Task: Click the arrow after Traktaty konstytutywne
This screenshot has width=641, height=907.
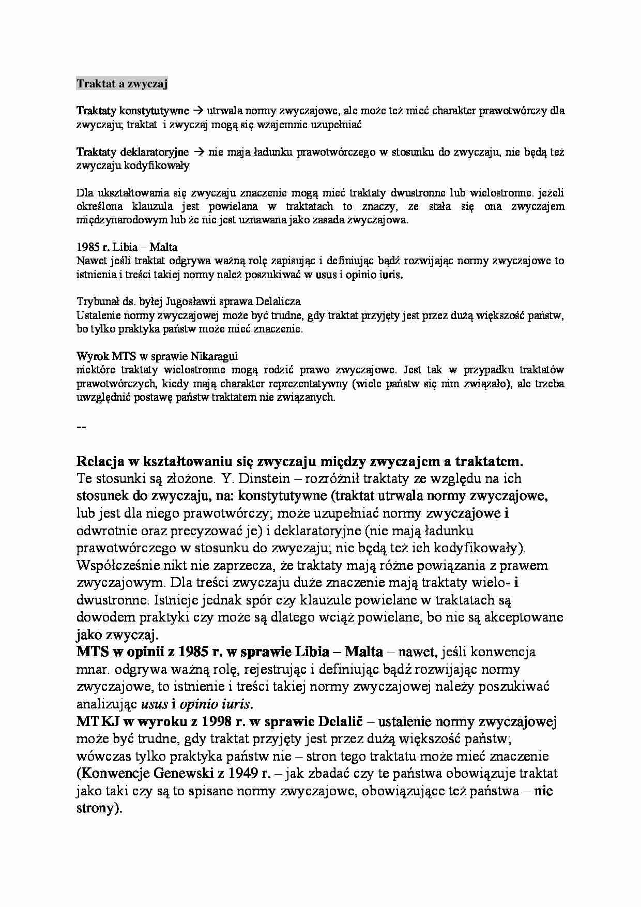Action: [x=198, y=110]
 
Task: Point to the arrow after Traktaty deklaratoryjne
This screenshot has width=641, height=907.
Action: [x=199, y=152]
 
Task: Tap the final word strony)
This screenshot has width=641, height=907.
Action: [x=99, y=808]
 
